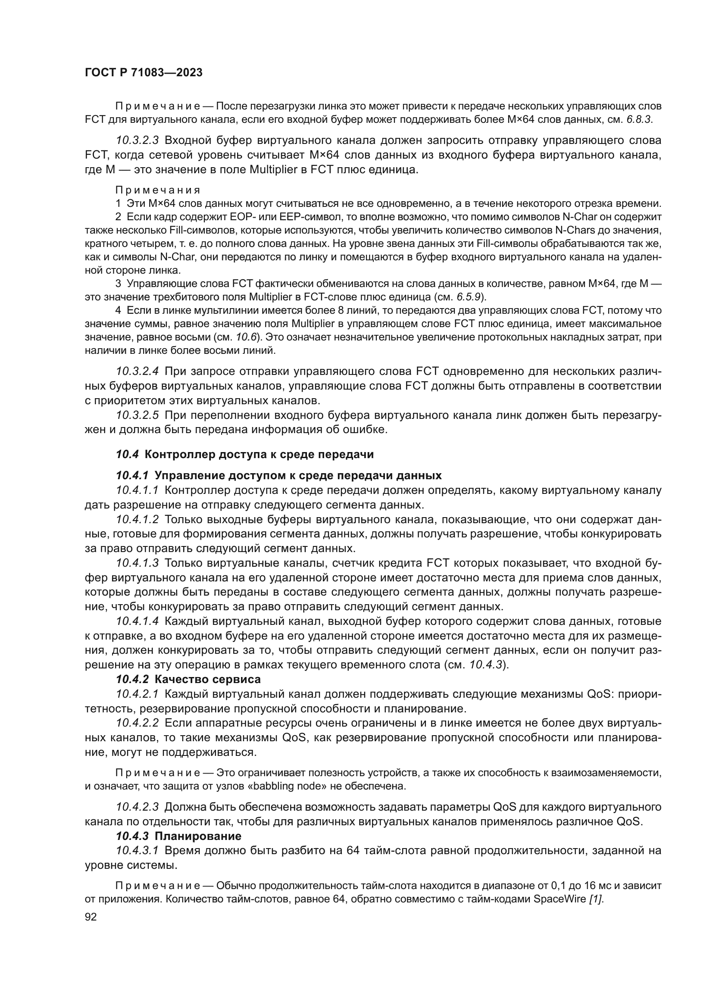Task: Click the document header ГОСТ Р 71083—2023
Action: click(x=144, y=73)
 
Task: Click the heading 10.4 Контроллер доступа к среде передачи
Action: click(x=244, y=454)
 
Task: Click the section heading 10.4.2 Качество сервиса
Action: click(x=188, y=679)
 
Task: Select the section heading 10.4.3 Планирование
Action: click(x=178, y=836)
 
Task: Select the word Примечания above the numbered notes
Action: click(x=158, y=190)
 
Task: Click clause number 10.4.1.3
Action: click(x=137, y=563)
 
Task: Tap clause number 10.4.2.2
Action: click(x=137, y=723)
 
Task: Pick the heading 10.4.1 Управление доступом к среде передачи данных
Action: click(x=278, y=476)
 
